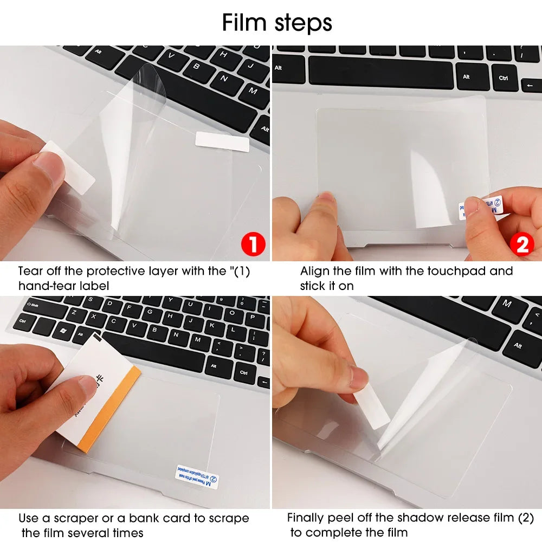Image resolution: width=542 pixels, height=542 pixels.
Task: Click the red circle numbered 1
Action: [x=252, y=245]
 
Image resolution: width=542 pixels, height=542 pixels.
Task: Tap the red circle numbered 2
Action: [x=522, y=245]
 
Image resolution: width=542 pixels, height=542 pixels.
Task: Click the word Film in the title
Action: [x=243, y=23]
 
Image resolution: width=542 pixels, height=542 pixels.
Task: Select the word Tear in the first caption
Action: [x=30, y=270]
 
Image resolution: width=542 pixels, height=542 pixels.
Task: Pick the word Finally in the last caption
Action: [x=308, y=518]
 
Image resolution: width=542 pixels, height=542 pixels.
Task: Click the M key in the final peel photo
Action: [x=507, y=304]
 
